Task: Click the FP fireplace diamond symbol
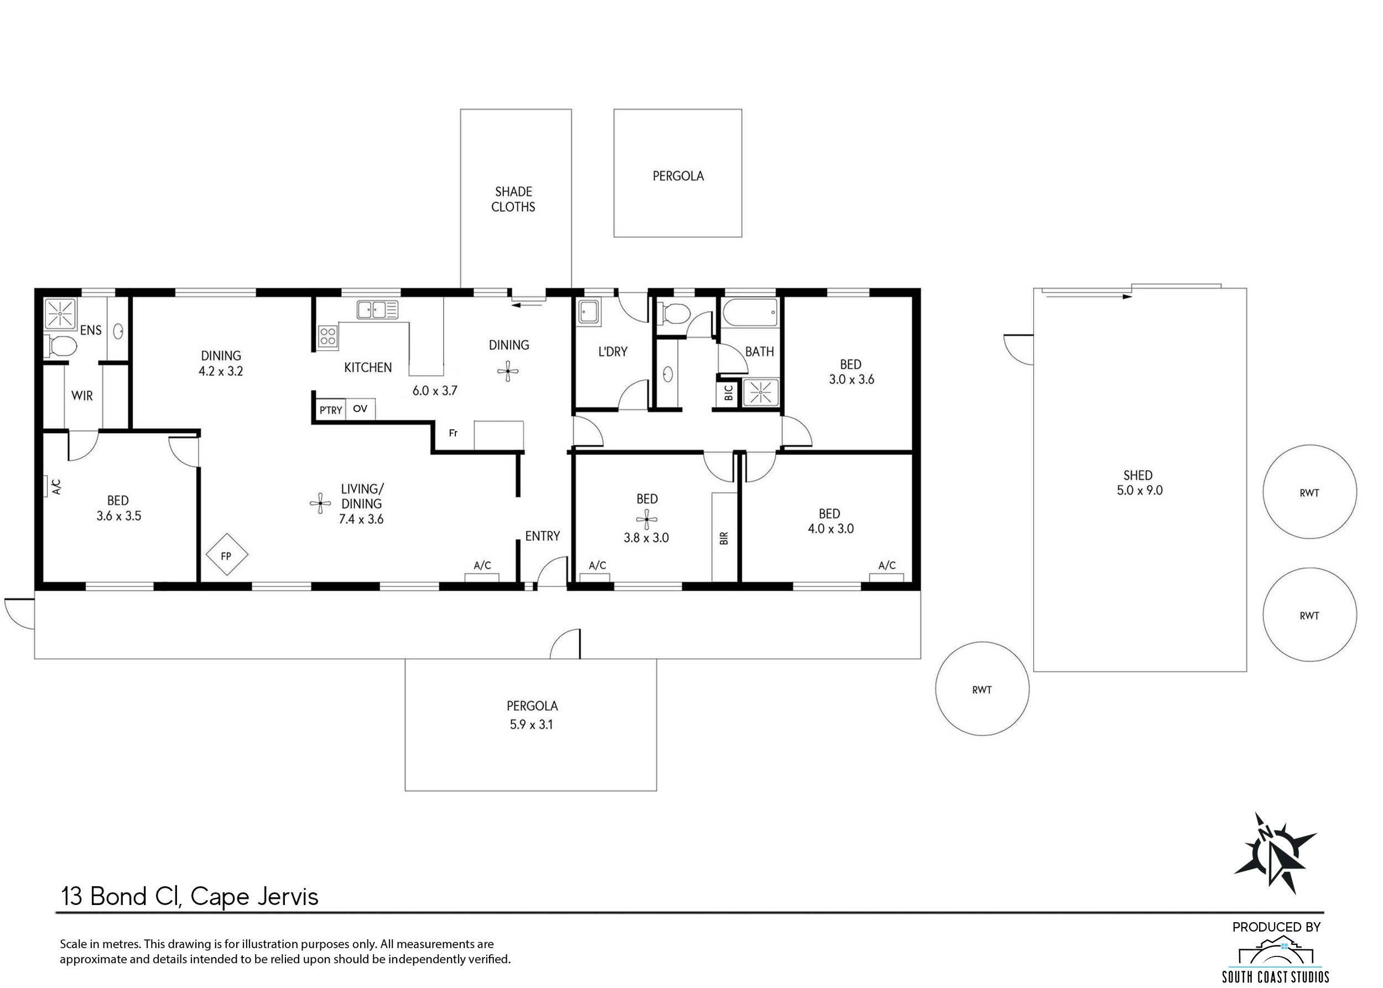[226, 554]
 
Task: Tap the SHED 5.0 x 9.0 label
[1139, 483]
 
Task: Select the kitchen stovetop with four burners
[328, 337]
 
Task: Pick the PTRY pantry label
[330, 410]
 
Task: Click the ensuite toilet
[61, 347]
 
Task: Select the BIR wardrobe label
[724, 538]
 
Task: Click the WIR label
[82, 396]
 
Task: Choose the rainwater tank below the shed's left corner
[982, 689]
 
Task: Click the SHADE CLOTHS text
[513, 200]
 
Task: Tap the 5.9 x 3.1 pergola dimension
[532, 725]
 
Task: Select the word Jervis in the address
[288, 897]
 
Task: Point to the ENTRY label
[543, 536]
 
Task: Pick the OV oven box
[360, 409]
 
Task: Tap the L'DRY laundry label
[613, 352]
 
